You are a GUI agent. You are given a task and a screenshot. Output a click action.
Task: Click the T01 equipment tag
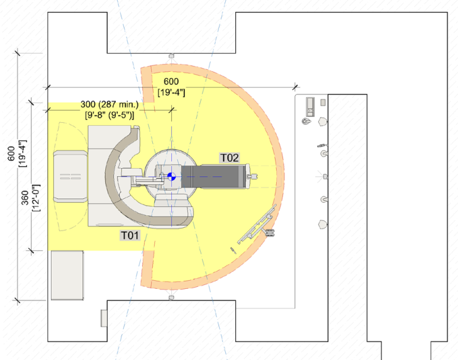coord(130,235)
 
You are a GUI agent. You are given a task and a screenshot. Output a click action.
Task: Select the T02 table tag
coord(230,158)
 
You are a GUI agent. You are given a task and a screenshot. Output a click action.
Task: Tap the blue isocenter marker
coord(172,176)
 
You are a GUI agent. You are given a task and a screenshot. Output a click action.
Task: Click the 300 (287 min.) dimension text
coord(109,104)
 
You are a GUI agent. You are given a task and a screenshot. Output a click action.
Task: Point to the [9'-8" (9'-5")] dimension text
coord(109,115)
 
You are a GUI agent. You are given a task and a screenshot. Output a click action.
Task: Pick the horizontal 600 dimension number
coord(171,81)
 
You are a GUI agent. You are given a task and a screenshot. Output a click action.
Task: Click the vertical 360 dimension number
coord(25,198)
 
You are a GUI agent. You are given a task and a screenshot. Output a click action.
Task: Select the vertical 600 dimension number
coord(11,154)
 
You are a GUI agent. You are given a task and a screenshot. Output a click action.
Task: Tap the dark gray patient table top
coord(213,176)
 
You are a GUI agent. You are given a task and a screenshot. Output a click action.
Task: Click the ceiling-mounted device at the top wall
coord(172,55)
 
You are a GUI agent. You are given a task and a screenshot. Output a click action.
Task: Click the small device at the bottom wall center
coord(172,298)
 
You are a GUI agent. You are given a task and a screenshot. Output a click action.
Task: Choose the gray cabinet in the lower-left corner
coord(67,275)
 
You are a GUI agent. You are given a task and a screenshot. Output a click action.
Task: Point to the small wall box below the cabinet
coord(104,318)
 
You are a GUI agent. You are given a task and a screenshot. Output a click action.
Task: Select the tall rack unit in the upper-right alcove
coord(310,107)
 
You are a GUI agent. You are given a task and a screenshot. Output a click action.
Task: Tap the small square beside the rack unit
coord(323,103)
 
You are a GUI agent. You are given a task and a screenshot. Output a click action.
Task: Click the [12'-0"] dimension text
coord(36,198)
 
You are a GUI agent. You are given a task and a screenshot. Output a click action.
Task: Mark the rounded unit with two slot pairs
coord(70,176)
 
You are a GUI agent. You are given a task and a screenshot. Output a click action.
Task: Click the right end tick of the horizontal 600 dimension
coord(295,87)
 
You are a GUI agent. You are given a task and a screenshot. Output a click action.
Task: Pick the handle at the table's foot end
coord(253,176)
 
